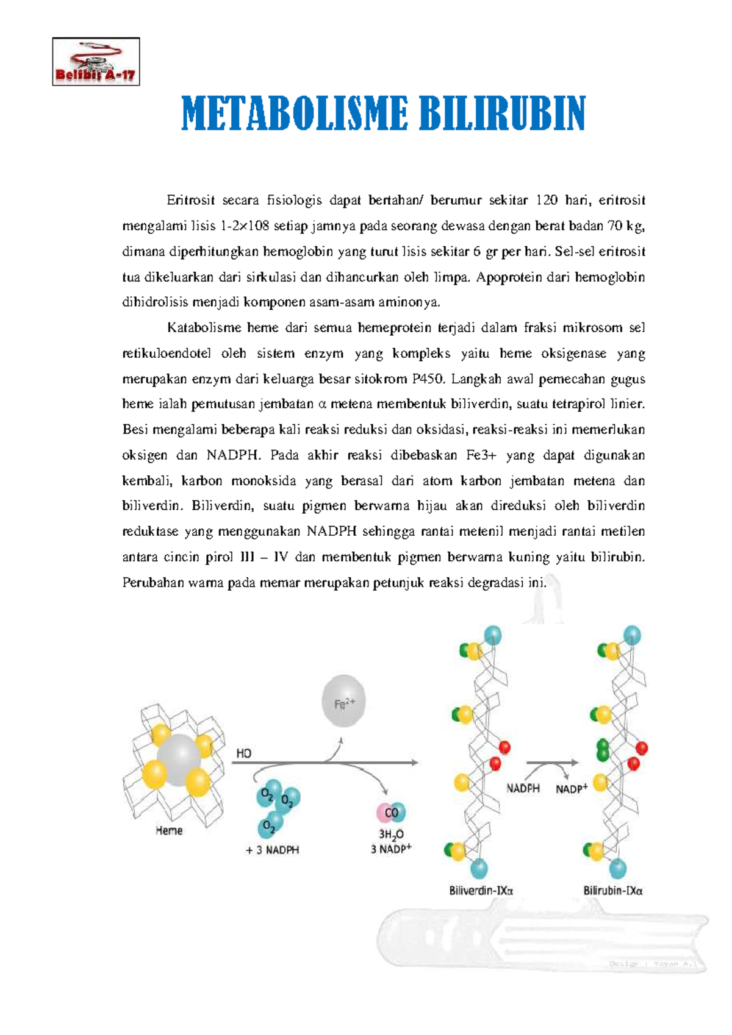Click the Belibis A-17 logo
coord(96,62)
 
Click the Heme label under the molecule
coord(169,831)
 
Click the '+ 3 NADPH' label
coord(272,850)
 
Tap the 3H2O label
coord(391,834)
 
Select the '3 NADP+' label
coord(391,849)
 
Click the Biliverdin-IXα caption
coord(481,891)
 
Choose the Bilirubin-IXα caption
coord(613,891)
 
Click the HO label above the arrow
coord(243,754)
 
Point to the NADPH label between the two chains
coord(523,788)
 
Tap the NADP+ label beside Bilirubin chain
coord(572,789)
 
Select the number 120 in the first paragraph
coord(547,201)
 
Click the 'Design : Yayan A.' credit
coord(656,964)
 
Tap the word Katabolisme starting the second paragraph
coord(204,328)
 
